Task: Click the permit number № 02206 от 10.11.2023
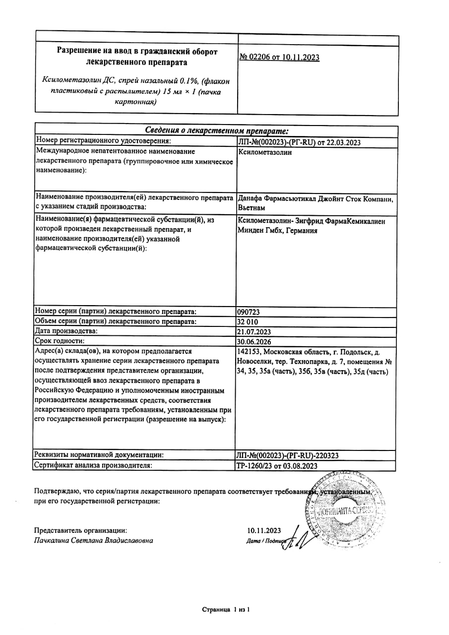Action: click(x=279, y=58)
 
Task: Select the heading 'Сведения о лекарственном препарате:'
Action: click(x=216, y=130)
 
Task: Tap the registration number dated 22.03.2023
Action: click(x=299, y=142)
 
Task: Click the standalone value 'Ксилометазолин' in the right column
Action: click(x=265, y=152)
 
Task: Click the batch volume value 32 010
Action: click(x=249, y=321)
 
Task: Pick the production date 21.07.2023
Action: click(x=255, y=331)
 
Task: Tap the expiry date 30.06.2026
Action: click(x=255, y=341)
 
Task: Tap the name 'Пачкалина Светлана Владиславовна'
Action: click(x=94, y=540)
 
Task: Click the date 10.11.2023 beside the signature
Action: click(x=264, y=530)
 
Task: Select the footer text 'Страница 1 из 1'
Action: click(x=225, y=609)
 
